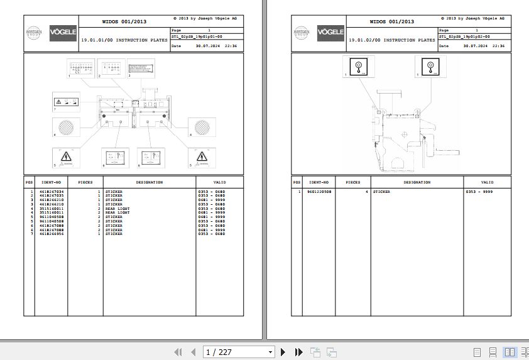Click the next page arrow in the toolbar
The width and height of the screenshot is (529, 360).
coord(283,352)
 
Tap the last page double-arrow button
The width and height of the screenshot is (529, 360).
coord(299,352)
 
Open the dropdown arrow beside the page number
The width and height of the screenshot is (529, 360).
coord(270,352)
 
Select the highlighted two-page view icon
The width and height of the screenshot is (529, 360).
coord(509,352)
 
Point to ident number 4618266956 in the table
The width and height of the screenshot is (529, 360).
coord(52,234)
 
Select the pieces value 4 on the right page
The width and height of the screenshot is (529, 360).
coord(366,191)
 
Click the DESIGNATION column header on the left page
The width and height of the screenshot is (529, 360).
coord(150,182)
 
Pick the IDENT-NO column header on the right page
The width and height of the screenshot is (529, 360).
coord(319,182)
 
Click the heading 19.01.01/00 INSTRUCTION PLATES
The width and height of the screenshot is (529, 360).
coord(124,40)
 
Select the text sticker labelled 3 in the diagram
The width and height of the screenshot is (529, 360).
coord(141,67)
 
